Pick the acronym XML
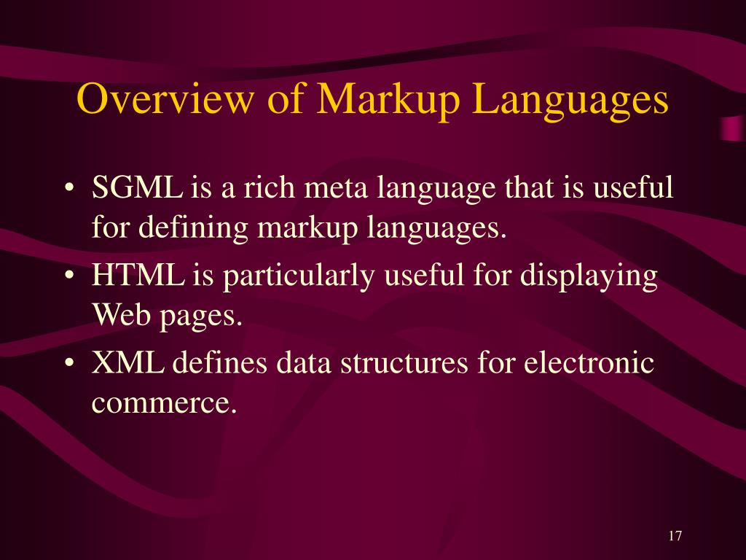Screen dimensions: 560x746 pos(127,363)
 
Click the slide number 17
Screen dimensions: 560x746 pos(674,536)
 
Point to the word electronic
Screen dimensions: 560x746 pos(590,363)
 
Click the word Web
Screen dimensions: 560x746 pos(117,316)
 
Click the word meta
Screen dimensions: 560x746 pos(335,190)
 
